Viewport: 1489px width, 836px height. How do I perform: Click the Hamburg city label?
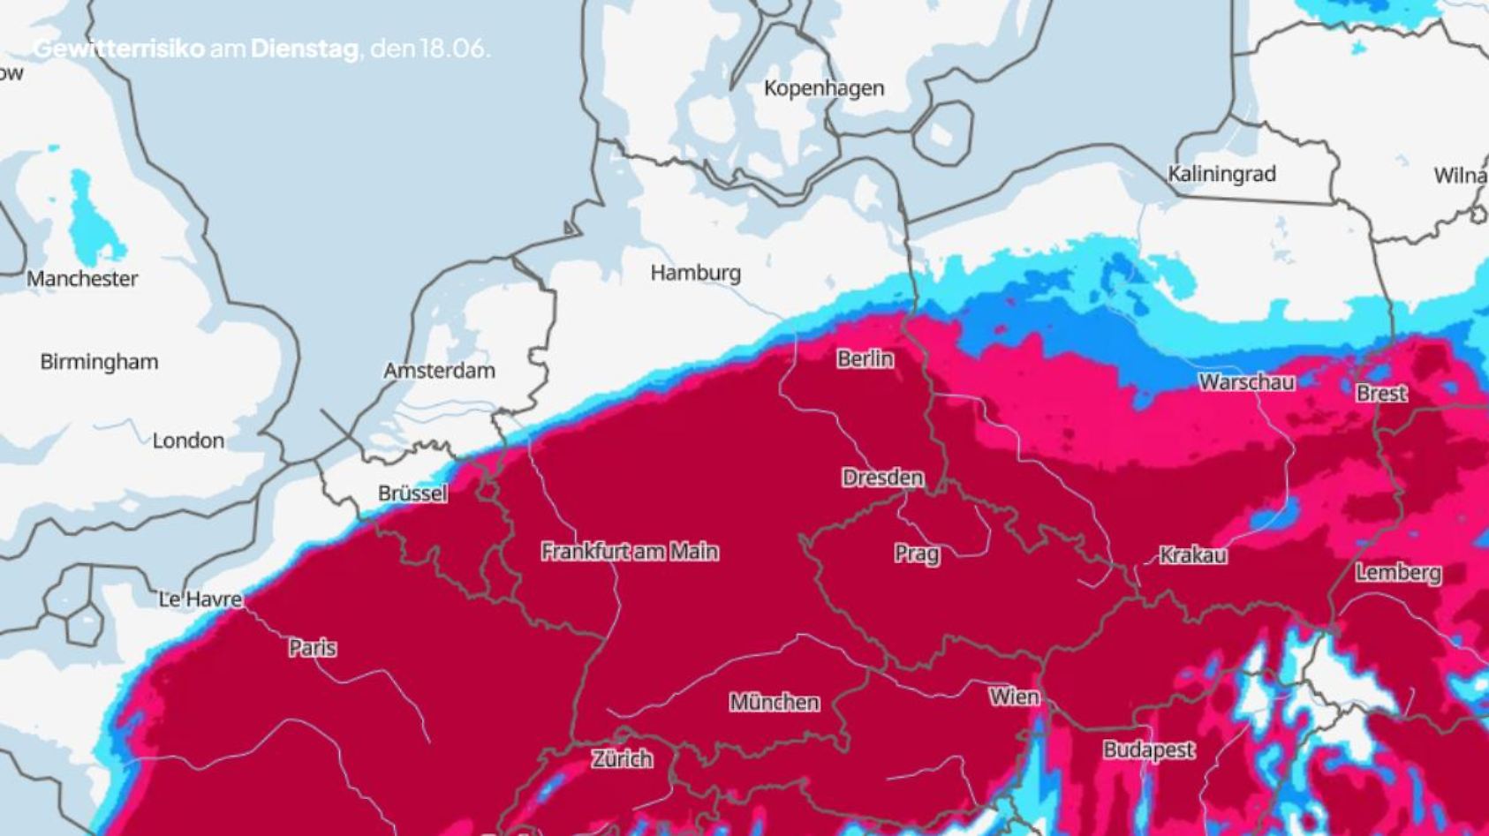[x=695, y=273]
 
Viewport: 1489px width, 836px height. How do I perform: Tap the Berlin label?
[x=865, y=359]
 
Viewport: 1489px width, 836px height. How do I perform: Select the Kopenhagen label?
[x=823, y=88]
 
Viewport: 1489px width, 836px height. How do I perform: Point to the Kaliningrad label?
[x=1221, y=174]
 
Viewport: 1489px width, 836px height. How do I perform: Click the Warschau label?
[x=1246, y=382]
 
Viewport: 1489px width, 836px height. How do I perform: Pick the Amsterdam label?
[x=439, y=371]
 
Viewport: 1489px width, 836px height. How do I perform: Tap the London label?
[x=188, y=441]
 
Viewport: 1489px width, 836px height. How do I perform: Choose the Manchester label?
[x=82, y=279]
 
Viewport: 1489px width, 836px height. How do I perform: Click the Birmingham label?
[x=99, y=362]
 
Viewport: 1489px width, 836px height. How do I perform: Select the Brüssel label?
[x=412, y=493]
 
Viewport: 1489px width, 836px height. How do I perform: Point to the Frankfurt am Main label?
[x=630, y=552]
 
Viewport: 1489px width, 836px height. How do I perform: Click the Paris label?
[x=313, y=648]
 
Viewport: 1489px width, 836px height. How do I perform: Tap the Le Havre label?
[x=200, y=599]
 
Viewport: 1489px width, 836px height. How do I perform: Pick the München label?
[x=774, y=703]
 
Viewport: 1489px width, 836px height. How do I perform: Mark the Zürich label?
[x=623, y=758]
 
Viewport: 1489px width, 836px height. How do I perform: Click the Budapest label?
[x=1148, y=750]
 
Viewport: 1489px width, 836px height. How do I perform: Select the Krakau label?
[x=1192, y=555]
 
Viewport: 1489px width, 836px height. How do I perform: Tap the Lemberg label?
[x=1398, y=573]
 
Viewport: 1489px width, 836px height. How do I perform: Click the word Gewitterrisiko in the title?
[x=118, y=49]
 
